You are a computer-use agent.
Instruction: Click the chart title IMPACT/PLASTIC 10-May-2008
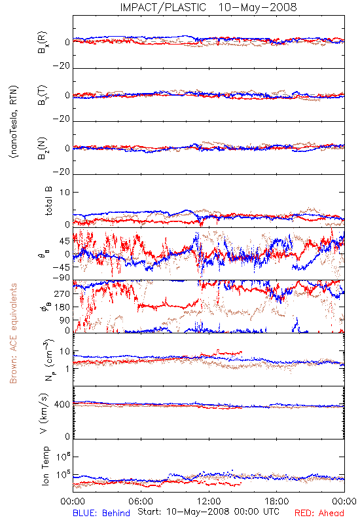coord(208,7)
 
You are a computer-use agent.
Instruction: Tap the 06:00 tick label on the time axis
coord(141,501)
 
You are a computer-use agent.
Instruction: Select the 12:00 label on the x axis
coord(209,501)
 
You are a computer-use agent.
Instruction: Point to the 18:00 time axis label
coord(277,501)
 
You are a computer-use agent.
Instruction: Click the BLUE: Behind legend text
coord(101,513)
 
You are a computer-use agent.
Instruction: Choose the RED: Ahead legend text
coord(319,513)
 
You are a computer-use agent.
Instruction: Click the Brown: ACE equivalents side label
coord(13,333)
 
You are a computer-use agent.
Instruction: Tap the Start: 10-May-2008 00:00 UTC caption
coord(208,512)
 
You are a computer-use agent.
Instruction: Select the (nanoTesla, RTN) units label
coord(14,122)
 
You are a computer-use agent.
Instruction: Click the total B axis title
coord(48,201)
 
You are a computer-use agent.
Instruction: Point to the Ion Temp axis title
coord(45,466)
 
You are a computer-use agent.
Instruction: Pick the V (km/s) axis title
coord(44,413)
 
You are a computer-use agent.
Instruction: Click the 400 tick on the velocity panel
coord(62,404)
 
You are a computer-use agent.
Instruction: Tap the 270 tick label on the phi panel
coord(62,293)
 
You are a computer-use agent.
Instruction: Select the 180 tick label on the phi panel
coord(62,307)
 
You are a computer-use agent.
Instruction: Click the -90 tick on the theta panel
coord(62,277)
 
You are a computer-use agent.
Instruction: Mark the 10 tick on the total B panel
coord(65,192)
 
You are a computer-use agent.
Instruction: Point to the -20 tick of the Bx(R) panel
coord(62,65)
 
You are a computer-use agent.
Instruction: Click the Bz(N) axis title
coord(43,148)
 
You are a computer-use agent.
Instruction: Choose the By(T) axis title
coord(43,95)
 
